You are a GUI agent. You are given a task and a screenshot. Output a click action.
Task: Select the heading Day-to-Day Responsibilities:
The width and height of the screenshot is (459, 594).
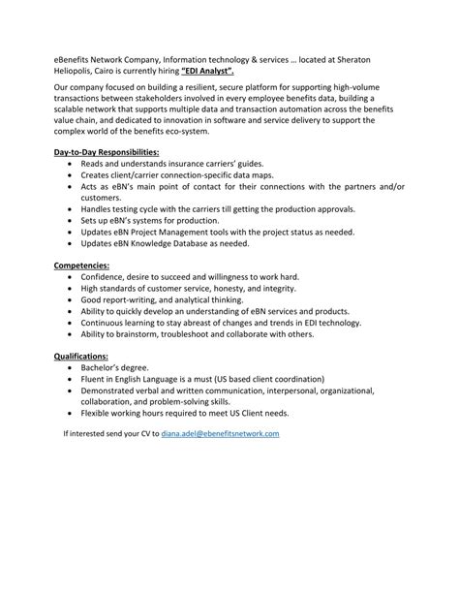pos(106,153)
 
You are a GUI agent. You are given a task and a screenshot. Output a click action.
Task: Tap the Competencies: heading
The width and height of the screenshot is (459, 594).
pos(81,264)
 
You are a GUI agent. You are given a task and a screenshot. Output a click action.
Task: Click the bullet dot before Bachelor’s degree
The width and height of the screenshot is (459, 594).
pos(71,369)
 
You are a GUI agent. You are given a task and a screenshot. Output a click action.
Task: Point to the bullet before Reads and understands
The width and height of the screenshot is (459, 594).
pos(71,166)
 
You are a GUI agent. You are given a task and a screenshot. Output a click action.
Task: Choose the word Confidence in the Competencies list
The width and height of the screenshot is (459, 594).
pos(107,276)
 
